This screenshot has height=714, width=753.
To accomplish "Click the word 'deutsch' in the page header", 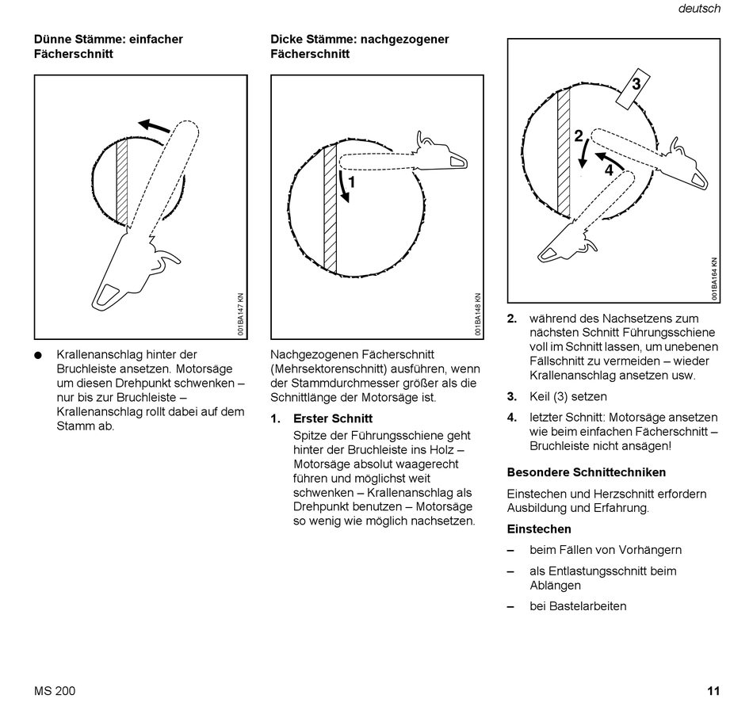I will pyautogui.click(x=699, y=9).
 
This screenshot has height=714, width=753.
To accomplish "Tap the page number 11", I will pyautogui.click(x=713, y=691).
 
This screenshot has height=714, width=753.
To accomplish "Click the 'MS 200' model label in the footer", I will pyautogui.click(x=55, y=691).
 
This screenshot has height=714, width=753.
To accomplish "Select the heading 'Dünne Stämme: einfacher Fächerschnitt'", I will pyautogui.click(x=109, y=47).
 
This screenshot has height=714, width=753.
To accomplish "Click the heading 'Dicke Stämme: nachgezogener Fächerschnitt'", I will pyautogui.click(x=360, y=47).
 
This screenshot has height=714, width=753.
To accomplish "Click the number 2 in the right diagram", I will pyautogui.click(x=579, y=136).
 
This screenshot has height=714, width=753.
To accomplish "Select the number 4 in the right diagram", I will pyautogui.click(x=609, y=169).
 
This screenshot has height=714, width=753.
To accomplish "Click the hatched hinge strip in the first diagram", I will pyautogui.click(x=122, y=183).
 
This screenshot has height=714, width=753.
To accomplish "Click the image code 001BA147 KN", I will pyautogui.click(x=241, y=315).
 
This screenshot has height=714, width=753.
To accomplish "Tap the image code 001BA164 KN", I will pyautogui.click(x=714, y=278).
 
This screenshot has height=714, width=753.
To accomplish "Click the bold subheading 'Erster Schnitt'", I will pyautogui.click(x=333, y=418).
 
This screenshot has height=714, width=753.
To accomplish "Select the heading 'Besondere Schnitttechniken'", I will pyautogui.click(x=587, y=472).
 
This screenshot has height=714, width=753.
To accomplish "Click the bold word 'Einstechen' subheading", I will pyautogui.click(x=539, y=529).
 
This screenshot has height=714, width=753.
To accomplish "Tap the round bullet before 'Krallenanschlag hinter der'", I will pyautogui.click(x=38, y=355).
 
